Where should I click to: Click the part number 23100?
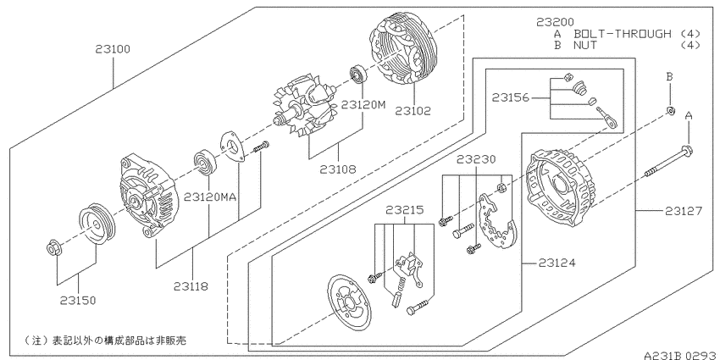[113, 48]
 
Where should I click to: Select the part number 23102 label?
[413, 111]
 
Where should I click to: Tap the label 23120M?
[363, 105]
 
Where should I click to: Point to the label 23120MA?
[210, 197]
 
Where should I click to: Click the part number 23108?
[339, 169]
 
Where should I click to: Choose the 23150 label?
[78, 301]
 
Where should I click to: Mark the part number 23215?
[405, 210]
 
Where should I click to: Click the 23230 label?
[476, 159]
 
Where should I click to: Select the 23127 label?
[684, 211]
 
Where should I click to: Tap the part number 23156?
[511, 97]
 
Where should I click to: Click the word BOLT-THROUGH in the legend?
[623, 34]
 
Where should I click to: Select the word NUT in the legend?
[585, 45]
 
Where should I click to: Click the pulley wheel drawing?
[97, 224]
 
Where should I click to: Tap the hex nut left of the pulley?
[53, 248]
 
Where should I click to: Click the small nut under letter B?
[670, 111]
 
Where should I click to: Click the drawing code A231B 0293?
[680, 355]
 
